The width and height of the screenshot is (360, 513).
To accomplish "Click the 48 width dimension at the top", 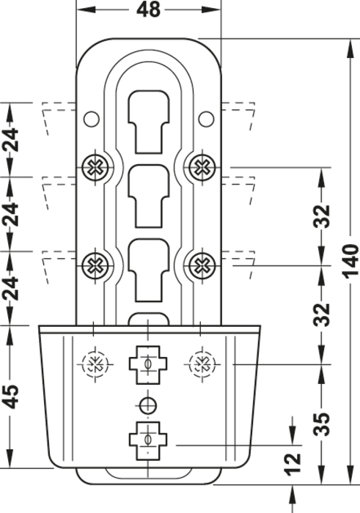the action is pyautogui.click(x=148, y=10).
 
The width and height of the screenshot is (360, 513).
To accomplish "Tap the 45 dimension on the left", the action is pyautogui.click(x=12, y=396).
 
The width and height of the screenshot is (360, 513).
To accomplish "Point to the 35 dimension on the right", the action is pyautogui.click(x=321, y=424).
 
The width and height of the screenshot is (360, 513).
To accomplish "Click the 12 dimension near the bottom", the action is pyautogui.click(x=293, y=464).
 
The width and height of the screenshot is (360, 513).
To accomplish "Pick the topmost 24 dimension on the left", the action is pyautogui.click(x=12, y=140).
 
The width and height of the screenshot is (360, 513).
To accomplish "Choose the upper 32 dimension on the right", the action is pyautogui.click(x=321, y=216).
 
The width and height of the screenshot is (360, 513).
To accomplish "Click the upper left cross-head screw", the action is pyautogui.click(x=95, y=168).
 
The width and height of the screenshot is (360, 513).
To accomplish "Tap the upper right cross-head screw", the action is pyautogui.click(x=202, y=168).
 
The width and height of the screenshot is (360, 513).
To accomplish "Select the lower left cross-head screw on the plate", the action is pyautogui.click(x=95, y=265).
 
